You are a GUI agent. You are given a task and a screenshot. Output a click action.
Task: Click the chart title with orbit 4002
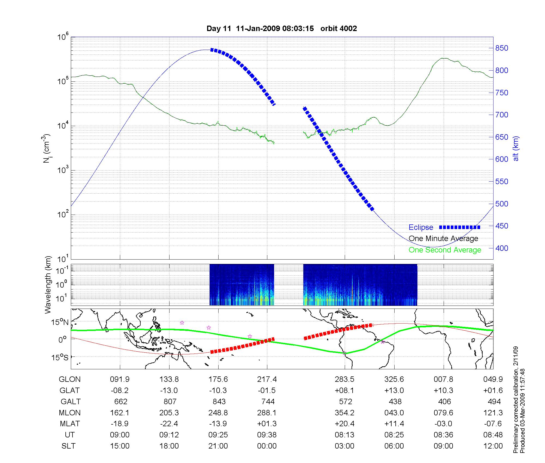(281, 29)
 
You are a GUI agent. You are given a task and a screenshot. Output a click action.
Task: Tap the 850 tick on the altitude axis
(501, 48)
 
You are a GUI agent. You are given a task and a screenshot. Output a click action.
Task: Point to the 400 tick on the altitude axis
(501, 248)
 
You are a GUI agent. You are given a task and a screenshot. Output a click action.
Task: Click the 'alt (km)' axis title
(516, 148)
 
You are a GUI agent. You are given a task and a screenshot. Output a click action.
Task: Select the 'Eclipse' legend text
(421, 227)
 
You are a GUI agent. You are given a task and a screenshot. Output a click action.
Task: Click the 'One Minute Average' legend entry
(443, 239)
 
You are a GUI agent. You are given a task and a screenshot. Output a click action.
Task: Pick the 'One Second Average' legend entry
(445, 250)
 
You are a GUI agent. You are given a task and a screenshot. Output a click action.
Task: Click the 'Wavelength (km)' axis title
(48, 285)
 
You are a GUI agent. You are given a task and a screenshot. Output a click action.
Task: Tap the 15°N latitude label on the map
(60, 322)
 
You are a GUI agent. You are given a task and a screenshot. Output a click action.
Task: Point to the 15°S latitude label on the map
(60, 357)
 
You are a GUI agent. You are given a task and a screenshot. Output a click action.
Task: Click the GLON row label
(69, 379)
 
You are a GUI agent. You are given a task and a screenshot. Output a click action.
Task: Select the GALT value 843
(219, 402)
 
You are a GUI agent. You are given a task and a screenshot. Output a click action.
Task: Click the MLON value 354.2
(344, 413)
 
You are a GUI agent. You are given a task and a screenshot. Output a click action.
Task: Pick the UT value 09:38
(267, 435)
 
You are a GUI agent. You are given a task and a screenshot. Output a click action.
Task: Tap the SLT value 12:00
(493, 446)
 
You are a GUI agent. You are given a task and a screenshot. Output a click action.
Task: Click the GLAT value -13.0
(169, 391)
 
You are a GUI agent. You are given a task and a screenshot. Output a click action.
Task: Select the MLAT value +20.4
(344, 424)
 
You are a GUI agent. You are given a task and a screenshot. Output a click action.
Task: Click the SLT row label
(68, 446)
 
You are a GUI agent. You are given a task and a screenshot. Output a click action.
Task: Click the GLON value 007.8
(443, 379)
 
